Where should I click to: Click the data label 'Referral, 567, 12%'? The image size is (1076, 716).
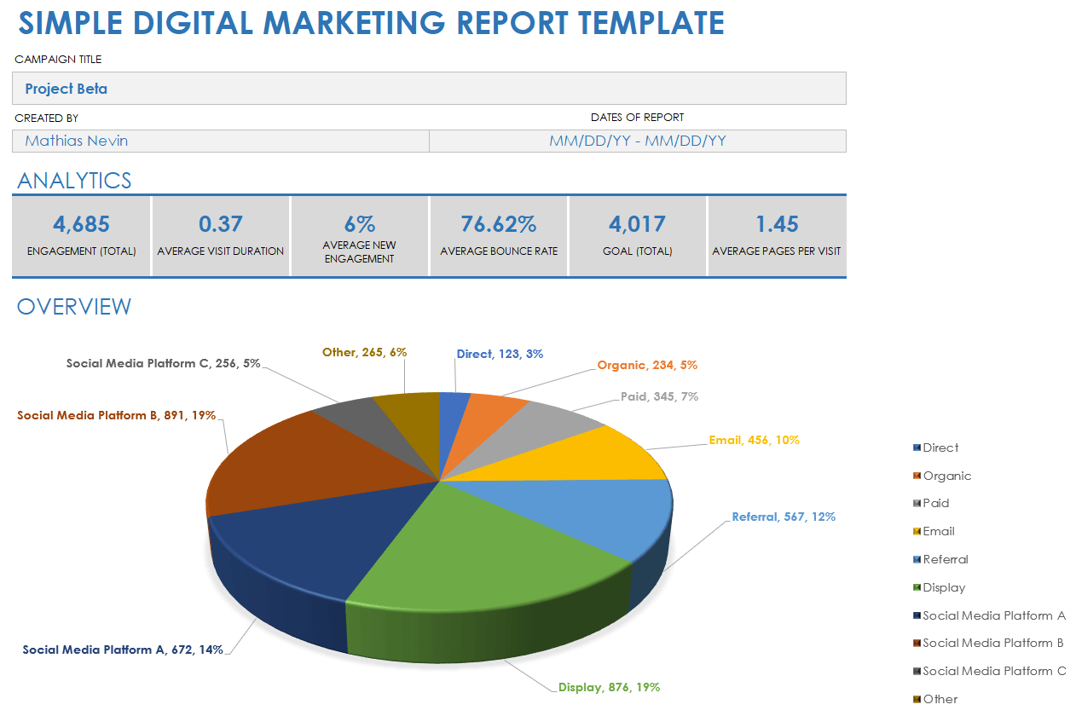click(784, 517)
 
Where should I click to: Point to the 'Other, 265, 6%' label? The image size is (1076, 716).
click(365, 352)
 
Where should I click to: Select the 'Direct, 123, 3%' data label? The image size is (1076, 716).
click(500, 354)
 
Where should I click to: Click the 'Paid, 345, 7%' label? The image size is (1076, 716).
click(659, 396)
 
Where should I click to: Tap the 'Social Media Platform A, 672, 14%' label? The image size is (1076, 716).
click(123, 650)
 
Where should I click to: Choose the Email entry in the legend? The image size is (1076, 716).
click(938, 531)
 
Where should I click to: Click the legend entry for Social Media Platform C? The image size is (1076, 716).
click(993, 671)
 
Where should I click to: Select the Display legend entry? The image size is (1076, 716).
click(944, 587)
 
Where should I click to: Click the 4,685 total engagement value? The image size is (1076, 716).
click(81, 224)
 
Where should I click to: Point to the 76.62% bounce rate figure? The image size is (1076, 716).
click(499, 224)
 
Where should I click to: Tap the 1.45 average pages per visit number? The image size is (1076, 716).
click(777, 224)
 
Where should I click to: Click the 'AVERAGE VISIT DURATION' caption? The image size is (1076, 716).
click(221, 251)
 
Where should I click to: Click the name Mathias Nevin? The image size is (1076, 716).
click(77, 141)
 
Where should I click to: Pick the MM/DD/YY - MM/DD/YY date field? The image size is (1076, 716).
click(638, 141)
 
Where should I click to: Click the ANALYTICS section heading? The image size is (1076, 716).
click(74, 180)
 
